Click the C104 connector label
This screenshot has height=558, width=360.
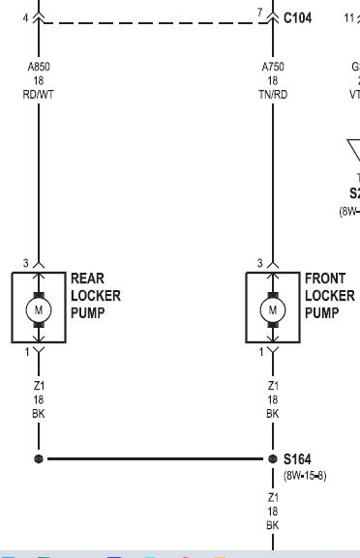tap(297, 16)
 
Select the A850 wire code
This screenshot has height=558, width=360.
tap(39, 67)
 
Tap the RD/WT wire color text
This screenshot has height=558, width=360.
tap(39, 95)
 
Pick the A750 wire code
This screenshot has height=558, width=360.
tap(273, 67)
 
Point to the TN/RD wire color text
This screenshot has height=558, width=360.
tap(273, 95)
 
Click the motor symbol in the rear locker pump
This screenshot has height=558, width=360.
tap(39, 309)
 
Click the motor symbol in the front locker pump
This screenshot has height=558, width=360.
tap(273, 309)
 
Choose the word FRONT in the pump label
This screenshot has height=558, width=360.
tap(325, 279)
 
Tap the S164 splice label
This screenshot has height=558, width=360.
tap(298, 458)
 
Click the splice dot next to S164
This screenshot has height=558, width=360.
tap(273, 458)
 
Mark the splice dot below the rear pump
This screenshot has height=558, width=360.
tap(39, 458)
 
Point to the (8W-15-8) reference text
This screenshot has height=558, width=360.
tap(305, 476)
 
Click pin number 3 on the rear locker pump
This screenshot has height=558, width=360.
tap(25, 263)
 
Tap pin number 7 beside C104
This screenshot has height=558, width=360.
tap(259, 12)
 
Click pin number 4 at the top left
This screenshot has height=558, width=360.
tap(25, 16)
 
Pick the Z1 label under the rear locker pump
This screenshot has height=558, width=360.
tap(39, 385)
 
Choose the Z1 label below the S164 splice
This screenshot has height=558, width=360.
tap(273, 496)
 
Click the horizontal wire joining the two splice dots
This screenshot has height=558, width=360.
tap(155, 458)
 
